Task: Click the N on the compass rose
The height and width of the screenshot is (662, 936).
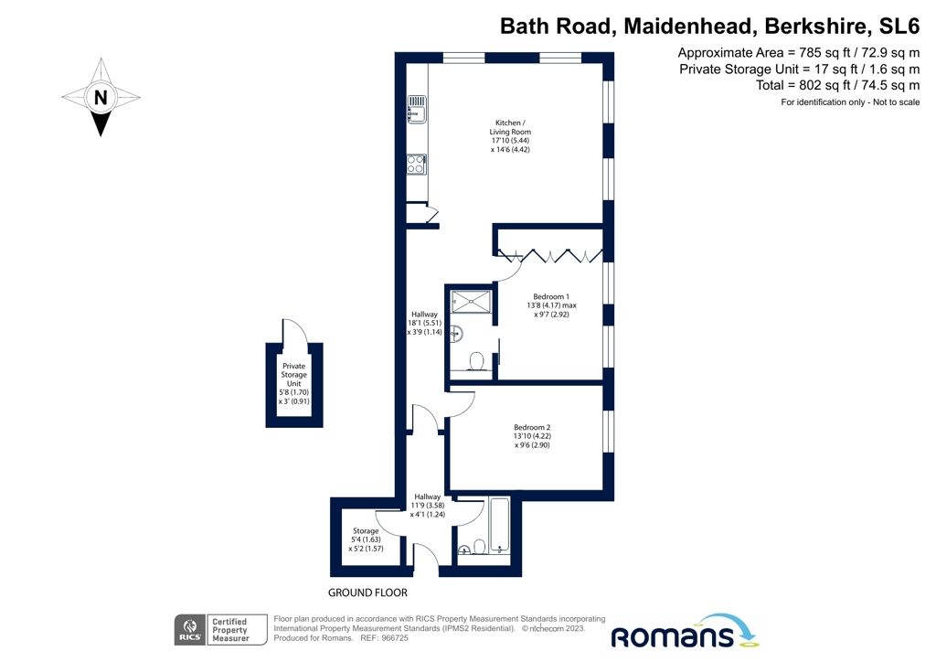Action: (101, 97)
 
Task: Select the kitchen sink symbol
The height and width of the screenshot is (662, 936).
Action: (415, 109)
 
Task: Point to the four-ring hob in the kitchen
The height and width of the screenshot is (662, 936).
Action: (416, 165)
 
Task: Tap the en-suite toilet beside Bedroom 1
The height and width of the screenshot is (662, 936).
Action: (475, 362)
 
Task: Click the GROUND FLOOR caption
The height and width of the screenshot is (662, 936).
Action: (369, 593)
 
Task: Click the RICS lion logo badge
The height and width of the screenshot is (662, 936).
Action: (189, 630)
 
